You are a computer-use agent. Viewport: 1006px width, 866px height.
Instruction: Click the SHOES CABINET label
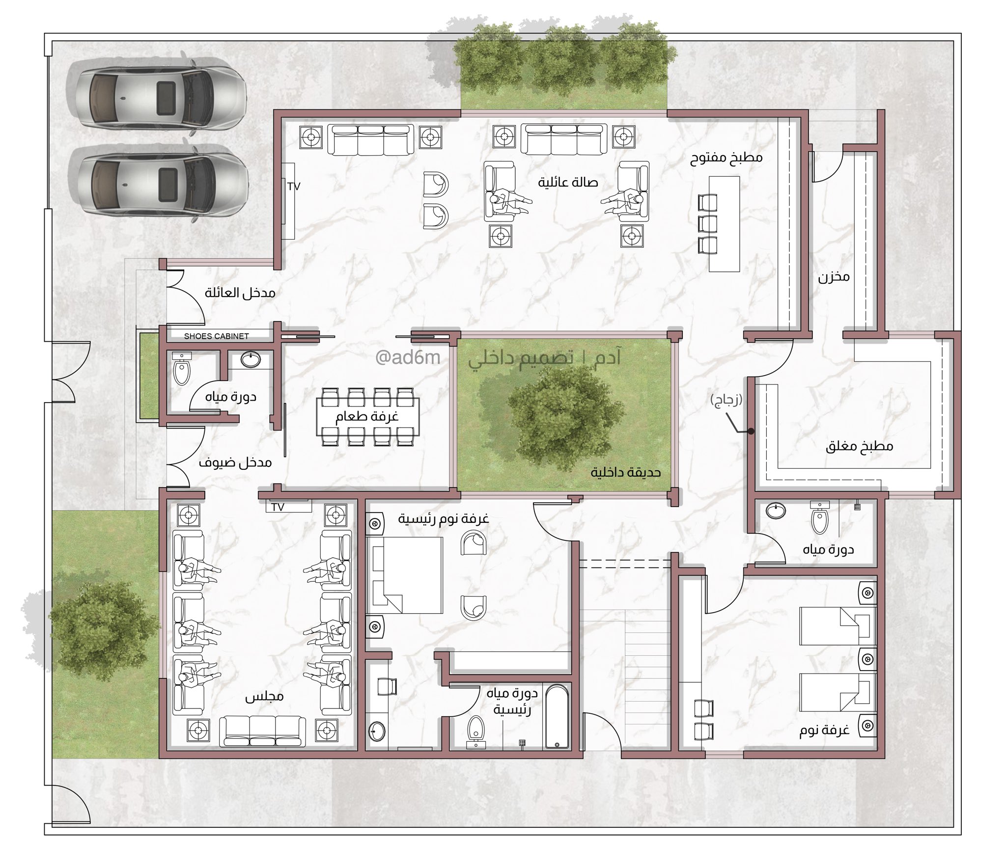click(216, 336)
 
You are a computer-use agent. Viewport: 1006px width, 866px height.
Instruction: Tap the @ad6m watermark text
click(408, 358)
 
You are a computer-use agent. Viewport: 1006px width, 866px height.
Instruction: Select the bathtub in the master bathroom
click(557, 716)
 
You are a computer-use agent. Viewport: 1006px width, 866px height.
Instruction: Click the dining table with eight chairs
click(367, 417)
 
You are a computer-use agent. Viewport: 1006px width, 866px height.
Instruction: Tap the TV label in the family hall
click(294, 187)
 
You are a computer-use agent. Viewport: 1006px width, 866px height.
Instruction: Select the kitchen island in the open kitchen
click(724, 223)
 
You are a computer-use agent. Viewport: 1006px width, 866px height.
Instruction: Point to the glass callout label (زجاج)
click(727, 401)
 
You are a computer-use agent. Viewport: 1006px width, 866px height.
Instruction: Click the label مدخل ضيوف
click(235, 462)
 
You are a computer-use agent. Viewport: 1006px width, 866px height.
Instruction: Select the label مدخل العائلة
click(240, 293)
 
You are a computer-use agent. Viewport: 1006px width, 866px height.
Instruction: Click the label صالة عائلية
click(567, 183)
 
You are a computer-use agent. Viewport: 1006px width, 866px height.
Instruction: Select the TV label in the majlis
click(278, 507)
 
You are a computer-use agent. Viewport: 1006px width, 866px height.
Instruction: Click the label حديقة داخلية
click(625, 472)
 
